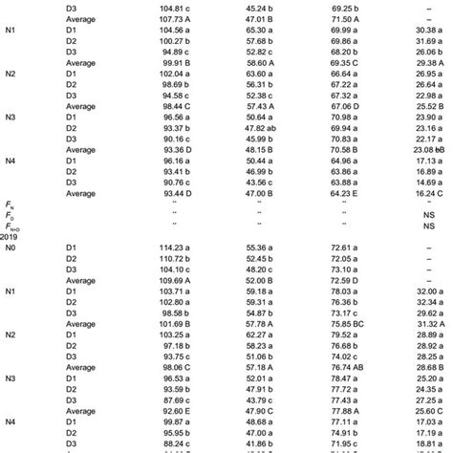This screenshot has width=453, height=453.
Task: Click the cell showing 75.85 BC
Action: pos(341,324)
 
